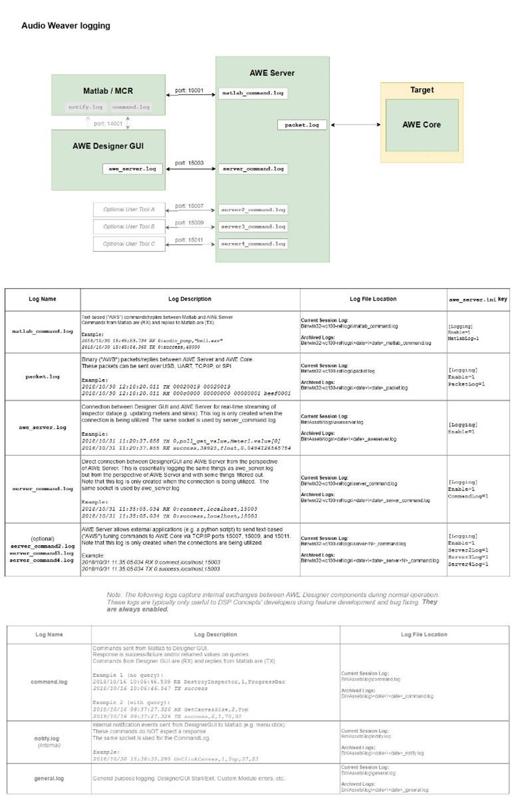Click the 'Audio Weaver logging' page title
click(66, 26)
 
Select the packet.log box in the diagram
click(302, 125)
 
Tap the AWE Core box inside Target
click(422, 125)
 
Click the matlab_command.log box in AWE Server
click(252, 93)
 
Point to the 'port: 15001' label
click(189, 90)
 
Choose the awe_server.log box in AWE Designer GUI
click(133, 169)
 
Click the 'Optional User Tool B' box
click(129, 227)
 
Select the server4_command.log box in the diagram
click(253, 244)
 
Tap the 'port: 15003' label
click(189, 163)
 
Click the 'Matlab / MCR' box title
click(108, 91)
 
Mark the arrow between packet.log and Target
click(355, 125)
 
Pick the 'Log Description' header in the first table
click(190, 299)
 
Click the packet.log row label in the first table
click(43, 377)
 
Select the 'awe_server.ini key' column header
click(477, 299)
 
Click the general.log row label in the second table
click(49, 778)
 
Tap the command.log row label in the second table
click(49, 682)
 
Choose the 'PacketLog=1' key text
click(466, 384)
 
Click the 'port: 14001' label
click(108, 124)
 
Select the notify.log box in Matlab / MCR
click(85, 107)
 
